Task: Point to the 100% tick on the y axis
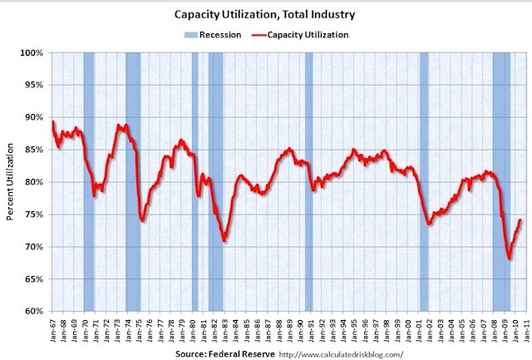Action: click(34, 52)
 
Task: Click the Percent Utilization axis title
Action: click(11, 182)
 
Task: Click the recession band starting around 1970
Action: click(89, 182)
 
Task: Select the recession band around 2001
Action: click(424, 182)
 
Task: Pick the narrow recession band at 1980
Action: click(195, 182)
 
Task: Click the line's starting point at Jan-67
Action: click(52, 122)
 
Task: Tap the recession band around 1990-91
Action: click(308, 182)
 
